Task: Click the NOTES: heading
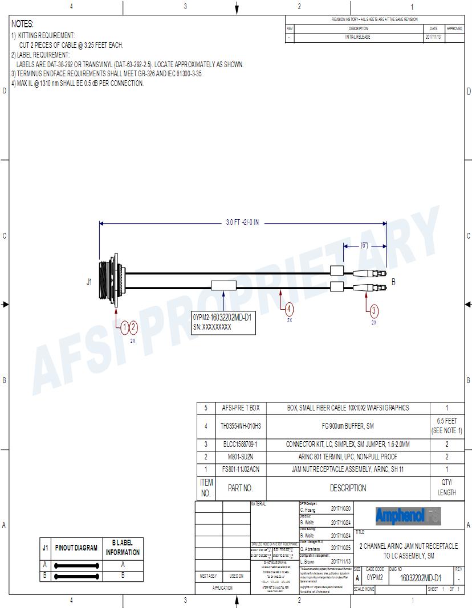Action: click(23, 24)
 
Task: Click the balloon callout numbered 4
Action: click(290, 309)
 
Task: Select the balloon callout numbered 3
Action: click(374, 311)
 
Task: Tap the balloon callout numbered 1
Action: click(125, 327)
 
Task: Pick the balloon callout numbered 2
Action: click(133, 327)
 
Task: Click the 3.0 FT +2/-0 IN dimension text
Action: click(242, 223)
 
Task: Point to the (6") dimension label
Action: click(364, 245)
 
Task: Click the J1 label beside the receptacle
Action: click(89, 281)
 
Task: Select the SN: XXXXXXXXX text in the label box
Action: click(212, 327)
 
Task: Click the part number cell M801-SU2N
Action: click(240, 457)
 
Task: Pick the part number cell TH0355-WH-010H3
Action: click(240, 426)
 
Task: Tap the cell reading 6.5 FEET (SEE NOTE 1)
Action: click(446, 426)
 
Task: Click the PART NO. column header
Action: click(240, 488)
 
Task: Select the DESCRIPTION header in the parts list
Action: click(348, 488)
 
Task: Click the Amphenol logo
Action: click(408, 516)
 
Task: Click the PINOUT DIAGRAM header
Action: click(76, 548)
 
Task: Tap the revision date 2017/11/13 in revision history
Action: click(433, 36)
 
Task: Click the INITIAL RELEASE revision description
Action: click(358, 36)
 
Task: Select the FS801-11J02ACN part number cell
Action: click(240, 469)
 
